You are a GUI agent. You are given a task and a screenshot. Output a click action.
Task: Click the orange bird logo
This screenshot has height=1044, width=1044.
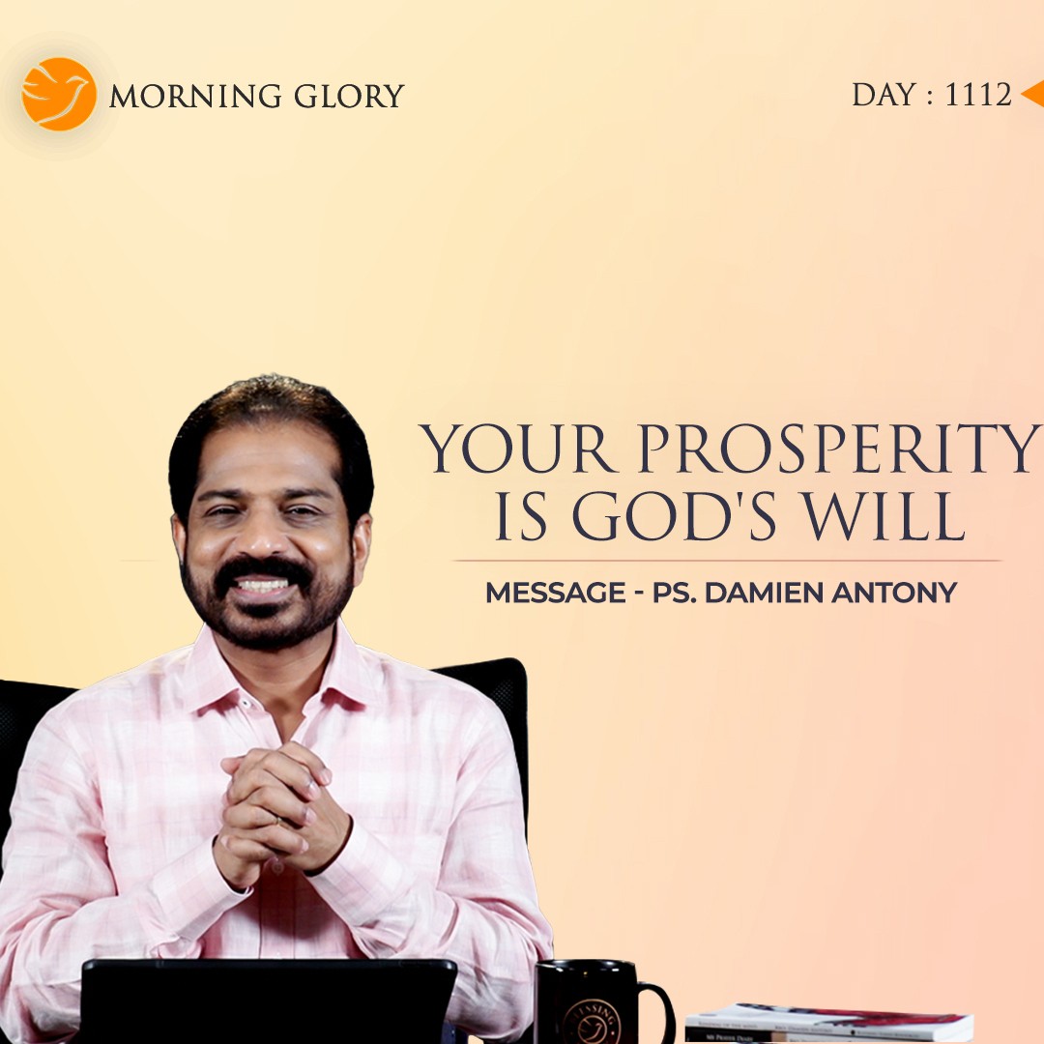point(59,94)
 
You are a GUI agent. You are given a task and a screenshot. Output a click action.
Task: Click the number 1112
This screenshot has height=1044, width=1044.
point(977,95)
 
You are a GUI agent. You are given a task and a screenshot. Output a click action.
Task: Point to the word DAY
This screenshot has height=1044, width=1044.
point(884,95)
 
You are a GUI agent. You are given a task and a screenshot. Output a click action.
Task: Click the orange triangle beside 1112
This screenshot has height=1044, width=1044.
point(1032,94)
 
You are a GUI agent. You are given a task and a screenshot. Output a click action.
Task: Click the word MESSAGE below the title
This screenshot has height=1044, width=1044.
point(555,593)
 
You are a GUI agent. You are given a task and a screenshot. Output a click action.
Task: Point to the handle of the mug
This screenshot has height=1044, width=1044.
point(657,1010)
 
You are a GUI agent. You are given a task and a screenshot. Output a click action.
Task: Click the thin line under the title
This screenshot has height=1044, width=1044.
point(726,561)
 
